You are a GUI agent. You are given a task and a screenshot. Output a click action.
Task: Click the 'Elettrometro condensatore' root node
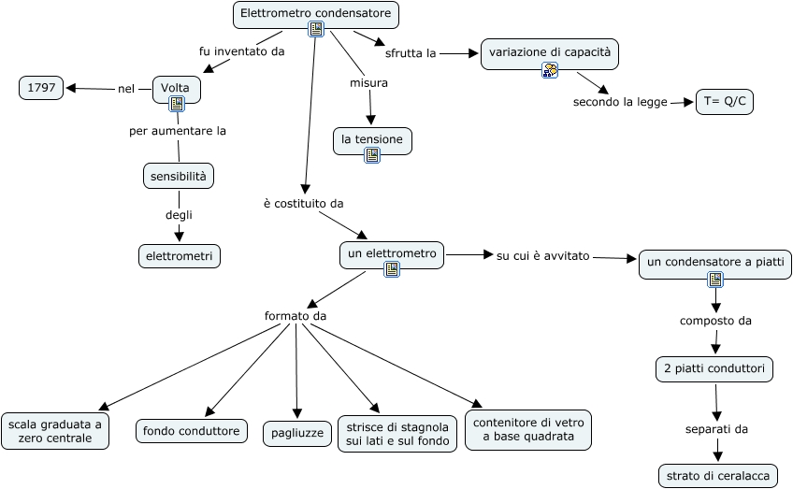(x=315, y=14)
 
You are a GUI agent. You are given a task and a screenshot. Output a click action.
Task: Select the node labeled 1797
(x=41, y=88)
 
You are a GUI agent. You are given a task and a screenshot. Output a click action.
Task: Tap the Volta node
(x=176, y=88)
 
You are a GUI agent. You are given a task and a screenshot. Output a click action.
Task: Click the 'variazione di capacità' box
(x=549, y=52)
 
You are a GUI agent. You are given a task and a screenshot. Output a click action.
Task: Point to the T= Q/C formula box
(x=724, y=102)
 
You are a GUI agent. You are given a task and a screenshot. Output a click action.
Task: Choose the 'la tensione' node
(x=372, y=139)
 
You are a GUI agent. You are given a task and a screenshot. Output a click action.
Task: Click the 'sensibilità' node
(x=179, y=175)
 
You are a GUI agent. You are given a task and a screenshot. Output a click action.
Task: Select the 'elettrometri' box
(x=179, y=255)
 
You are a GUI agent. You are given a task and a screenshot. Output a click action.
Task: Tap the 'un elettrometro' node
(x=392, y=253)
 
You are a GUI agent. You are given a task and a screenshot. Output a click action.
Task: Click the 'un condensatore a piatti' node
(x=715, y=262)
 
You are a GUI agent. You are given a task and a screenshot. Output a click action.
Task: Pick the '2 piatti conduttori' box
(x=714, y=369)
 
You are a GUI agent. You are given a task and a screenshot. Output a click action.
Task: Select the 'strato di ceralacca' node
(x=717, y=476)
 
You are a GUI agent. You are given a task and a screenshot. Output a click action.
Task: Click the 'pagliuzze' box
(x=296, y=433)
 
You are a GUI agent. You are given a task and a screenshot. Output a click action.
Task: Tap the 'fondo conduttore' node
(x=192, y=431)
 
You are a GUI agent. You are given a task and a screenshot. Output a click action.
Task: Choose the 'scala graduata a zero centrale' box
(x=54, y=430)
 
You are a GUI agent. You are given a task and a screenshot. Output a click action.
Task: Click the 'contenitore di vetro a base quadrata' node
(x=528, y=429)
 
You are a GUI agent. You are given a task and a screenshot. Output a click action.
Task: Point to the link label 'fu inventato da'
(x=241, y=51)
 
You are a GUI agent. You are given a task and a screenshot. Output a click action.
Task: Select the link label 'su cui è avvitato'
(x=542, y=255)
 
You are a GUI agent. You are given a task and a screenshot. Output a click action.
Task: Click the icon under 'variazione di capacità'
(x=550, y=70)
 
